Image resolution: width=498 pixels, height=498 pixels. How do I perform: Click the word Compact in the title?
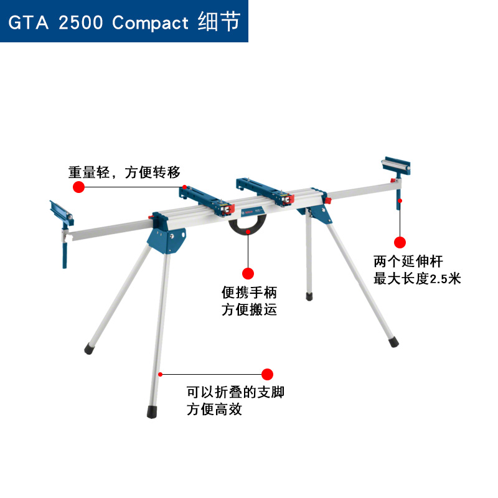pyautogui.click(x=150, y=24)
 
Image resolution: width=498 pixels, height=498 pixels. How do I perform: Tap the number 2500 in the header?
pyautogui.click(x=79, y=24)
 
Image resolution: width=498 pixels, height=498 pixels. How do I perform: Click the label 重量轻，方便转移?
pyautogui.click(x=125, y=172)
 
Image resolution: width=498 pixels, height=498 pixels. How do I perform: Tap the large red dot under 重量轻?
pyautogui.click(x=79, y=187)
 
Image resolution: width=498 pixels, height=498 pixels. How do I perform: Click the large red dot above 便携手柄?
pyautogui.click(x=248, y=273)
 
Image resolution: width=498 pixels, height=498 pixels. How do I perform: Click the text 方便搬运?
pyautogui.click(x=249, y=309)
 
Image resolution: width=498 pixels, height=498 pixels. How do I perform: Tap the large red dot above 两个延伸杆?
pyautogui.click(x=400, y=242)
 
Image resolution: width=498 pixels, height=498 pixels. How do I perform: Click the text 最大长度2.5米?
pyautogui.click(x=417, y=278)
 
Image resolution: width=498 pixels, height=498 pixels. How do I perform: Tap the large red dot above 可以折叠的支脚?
pyautogui.click(x=267, y=374)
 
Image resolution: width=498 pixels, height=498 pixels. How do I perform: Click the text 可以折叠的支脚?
pyautogui.click(x=236, y=392)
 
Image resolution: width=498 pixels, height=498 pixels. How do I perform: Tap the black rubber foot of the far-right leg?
pyautogui.click(x=393, y=341)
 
